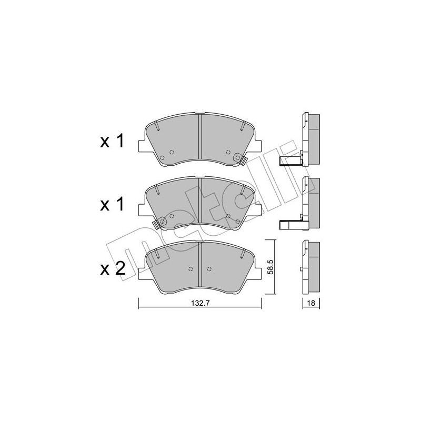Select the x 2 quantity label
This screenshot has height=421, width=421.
(112, 269)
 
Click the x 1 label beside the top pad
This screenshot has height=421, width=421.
(112, 141)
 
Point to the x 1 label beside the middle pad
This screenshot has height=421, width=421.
(112, 205)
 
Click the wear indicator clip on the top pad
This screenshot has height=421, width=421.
(240, 158)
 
